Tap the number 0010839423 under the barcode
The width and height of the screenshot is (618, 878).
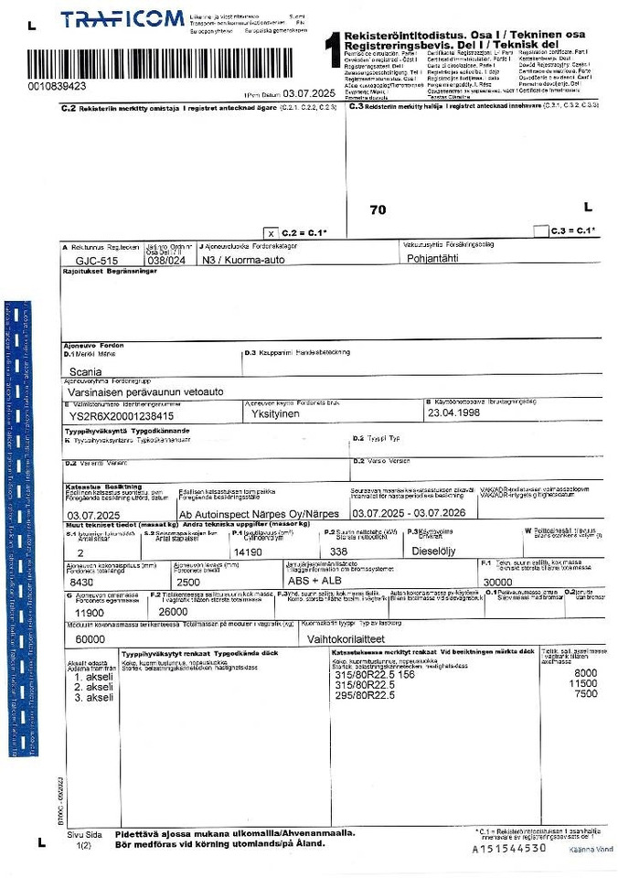point(57,86)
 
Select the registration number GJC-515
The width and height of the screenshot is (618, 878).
point(98,261)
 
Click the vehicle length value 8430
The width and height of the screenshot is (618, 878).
point(82,582)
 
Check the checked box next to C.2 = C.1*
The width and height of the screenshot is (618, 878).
point(270,232)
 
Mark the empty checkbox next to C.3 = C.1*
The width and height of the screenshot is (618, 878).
point(540,230)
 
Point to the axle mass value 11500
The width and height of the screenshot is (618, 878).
point(583,684)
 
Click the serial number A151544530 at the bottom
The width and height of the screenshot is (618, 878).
point(509,848)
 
